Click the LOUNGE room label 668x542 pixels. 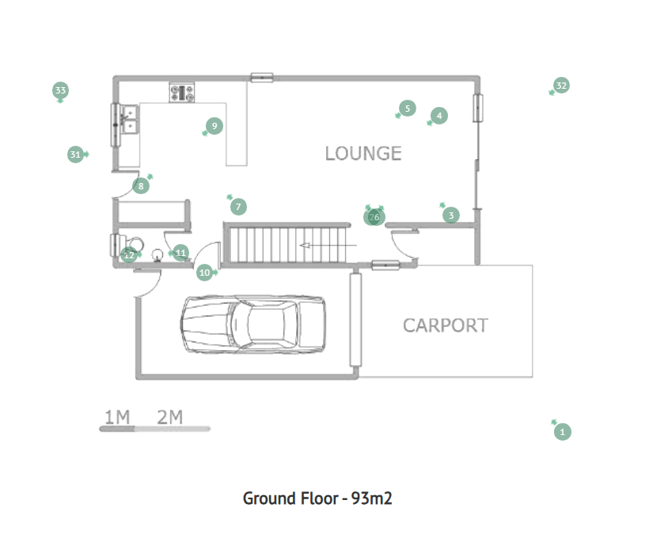click(363, 154)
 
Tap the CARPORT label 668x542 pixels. click(445, 326)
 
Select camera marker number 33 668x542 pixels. click(60, 90)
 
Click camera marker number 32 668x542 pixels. click(561, 86)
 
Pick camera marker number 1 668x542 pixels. click(563, 432)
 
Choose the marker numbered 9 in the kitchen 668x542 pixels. click(214, 126)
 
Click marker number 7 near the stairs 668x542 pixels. click(238, 207)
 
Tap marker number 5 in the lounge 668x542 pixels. click(408, 109)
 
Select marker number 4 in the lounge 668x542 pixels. click(439, 116)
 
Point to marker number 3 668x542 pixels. click(451, 215)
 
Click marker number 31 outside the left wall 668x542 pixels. click(75, 155)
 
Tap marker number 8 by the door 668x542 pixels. click(141, 186)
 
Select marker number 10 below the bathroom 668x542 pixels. click(204, 273)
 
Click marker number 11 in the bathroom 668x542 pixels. click(180, 253)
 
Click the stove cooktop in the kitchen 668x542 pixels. click(182, 93)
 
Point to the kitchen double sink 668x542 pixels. click(130, 120)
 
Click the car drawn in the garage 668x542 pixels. click(253, 324)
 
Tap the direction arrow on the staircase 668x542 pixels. click(328, 246)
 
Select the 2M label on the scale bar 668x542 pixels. click(170, 417)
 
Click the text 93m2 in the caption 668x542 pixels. click(371, 498)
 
